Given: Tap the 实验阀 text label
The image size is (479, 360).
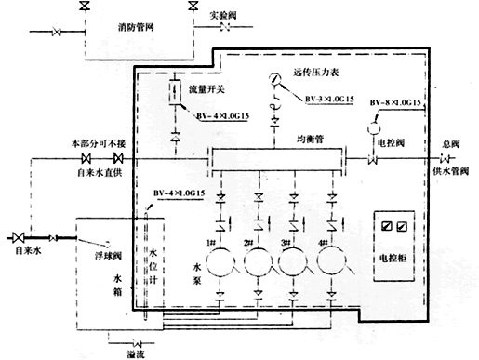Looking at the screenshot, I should pos(225,16).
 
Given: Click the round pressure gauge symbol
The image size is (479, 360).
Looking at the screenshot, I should pos(275,77).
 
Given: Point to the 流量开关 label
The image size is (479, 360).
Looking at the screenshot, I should pos(205,90).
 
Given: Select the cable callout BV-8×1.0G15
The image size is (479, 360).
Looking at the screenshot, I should pos(395,100).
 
